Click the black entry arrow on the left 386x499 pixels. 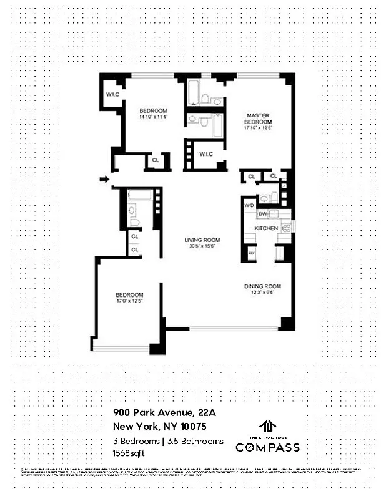coord(104,180)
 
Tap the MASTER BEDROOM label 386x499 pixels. coord(257,119)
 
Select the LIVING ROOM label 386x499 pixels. coord(202,240)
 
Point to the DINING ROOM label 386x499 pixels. coord(262,286)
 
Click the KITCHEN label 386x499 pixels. coord(265,229)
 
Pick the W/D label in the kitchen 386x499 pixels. coord(248,205)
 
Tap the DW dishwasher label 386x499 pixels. coord(263,214)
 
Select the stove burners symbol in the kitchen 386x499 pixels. coord(286,228)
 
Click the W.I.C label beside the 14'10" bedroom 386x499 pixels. coord(112,95)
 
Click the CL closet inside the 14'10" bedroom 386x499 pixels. coord(155,162)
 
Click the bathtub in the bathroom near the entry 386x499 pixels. coord(139,196)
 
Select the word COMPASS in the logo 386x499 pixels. coord(267,447)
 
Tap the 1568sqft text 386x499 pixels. coord(129,453)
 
